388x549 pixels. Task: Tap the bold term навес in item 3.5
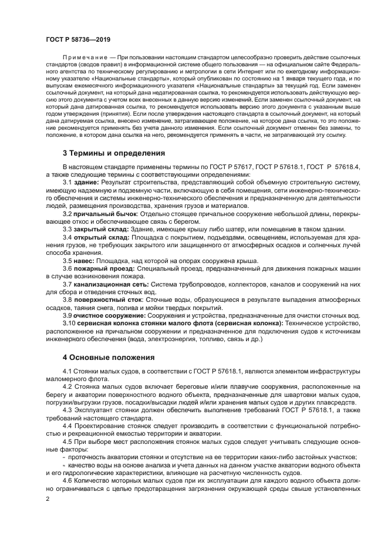point(84,260)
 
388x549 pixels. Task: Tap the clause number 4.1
point(68,372)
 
